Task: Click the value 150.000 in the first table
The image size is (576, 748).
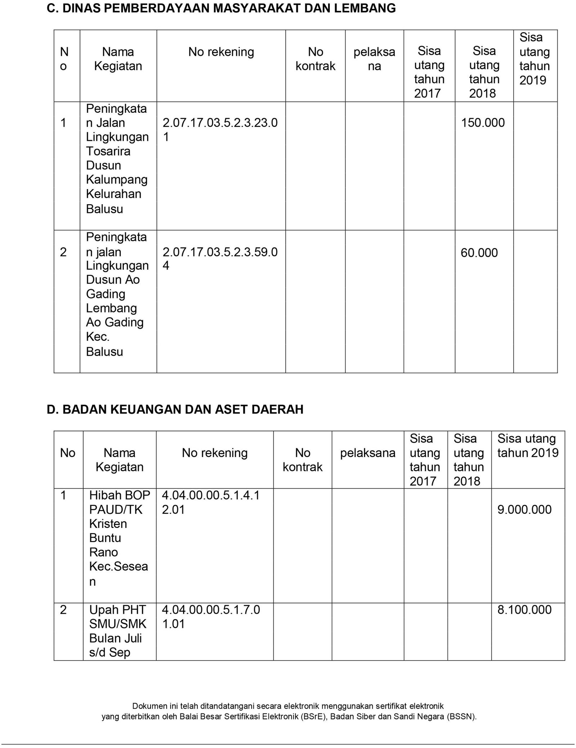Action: tap(483, 123)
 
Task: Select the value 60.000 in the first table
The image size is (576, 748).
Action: tap(479, 253)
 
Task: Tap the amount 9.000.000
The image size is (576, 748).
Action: tap(524, 510)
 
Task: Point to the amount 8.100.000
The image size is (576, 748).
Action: tap(524, 610)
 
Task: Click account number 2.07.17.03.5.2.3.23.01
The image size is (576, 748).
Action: tap(220, 130)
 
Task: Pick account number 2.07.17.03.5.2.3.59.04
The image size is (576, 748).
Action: tap(220, 259)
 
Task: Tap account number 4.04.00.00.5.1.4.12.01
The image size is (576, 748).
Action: tap(211, 502)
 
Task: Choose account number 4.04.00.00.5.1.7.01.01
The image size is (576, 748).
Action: tap(211, 617)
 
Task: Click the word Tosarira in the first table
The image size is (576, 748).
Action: tap(108, 151)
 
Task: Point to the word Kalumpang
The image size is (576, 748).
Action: tap(117, 180)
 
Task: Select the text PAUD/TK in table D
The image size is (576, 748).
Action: tap(116, 510)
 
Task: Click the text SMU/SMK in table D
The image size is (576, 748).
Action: tap(118, 624)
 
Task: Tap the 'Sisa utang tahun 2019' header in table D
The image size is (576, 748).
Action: tap(528, 445)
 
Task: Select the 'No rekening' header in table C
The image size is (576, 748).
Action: tap(221, 52)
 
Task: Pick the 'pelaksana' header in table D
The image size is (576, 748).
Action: tap(368, 453)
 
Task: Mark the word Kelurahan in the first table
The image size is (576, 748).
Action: tap(114, 194)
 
